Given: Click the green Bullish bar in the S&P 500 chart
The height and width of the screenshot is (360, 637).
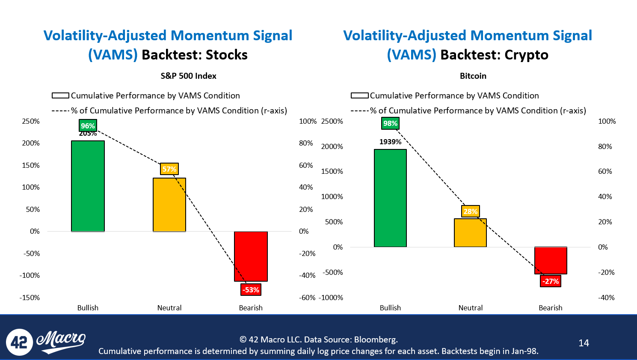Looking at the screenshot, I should coord(88,186).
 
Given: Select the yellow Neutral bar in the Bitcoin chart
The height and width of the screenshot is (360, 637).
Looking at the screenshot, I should coord(470,233).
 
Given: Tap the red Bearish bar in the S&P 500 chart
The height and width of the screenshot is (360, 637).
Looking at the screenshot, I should coord(251,256).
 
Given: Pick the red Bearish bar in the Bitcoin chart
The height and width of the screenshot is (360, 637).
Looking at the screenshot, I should coord(551,260).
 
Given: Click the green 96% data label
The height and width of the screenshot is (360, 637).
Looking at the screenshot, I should coord(88,125).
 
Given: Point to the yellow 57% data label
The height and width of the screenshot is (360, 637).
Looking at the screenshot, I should coord(169,169).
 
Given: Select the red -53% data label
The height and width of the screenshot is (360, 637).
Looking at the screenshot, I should coord(251,290).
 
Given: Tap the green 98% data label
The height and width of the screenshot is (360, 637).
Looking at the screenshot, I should coord(390,123).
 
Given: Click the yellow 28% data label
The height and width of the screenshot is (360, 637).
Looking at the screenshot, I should coord(471,211).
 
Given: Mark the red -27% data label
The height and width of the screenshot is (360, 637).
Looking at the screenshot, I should coord(551,281).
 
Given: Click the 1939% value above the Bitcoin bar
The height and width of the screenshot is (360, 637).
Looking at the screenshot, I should coord(390,142).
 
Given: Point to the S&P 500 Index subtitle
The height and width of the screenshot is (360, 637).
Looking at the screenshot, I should coord(188,76).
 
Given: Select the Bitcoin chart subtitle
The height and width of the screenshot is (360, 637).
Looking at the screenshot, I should coord(473,76).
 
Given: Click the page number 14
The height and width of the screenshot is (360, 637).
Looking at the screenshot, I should coord(584,343).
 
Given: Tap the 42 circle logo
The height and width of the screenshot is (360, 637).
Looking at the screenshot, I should coord(19,342).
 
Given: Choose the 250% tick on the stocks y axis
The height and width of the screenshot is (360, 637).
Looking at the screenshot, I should coord(31,121).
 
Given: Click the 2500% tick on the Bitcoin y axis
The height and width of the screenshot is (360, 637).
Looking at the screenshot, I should coord(332,121).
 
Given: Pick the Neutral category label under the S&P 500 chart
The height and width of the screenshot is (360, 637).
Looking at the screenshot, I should coord(169,308).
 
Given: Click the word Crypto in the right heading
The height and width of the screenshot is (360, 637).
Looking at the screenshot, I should coord(526,55).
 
